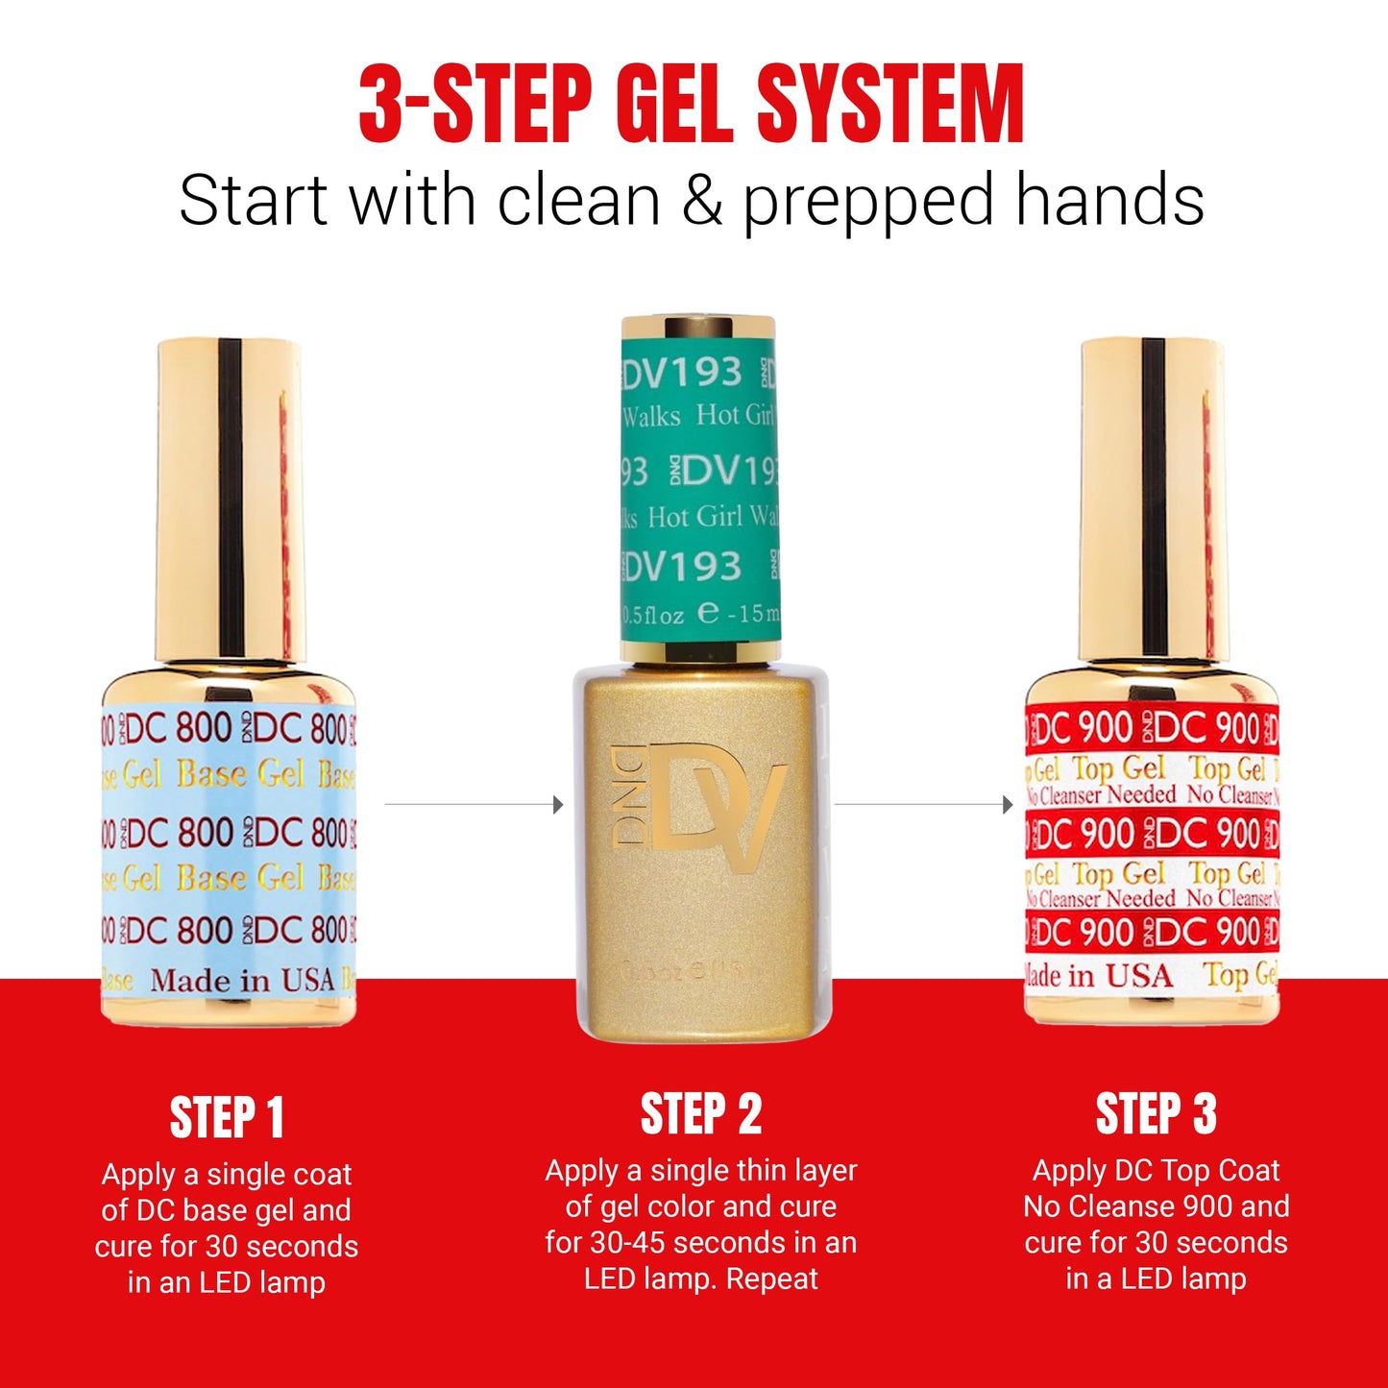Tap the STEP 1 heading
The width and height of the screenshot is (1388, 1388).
coord(227,1118)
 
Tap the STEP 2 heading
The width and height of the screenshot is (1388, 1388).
coord(700,1114)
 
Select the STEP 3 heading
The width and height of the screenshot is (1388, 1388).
coord(1156,1114)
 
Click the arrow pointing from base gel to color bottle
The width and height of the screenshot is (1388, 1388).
coord(558,804)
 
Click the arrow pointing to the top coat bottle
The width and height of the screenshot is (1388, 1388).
coord(1008,804)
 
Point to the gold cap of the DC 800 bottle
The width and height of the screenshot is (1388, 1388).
coord(229,499)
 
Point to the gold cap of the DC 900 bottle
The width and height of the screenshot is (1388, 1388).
coord(1154,499)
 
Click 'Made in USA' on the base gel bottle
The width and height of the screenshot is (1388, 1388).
coord(242,981)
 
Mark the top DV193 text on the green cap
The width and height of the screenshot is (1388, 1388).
coord(683,373)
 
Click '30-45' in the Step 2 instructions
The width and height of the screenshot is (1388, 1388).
coord(632,1243)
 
